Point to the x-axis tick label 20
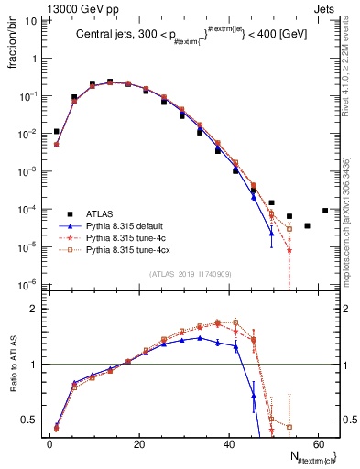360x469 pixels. pyautogui.click(x=139, y=443)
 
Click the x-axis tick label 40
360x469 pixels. pyautogui.click(x=229, y=443)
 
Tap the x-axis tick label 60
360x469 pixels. pyautogui.click(x=319, y=443)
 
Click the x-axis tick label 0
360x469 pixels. pyautogui.click(x=49, y=443)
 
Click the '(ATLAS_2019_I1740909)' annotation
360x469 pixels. pyautogui.click(x=190, y=273)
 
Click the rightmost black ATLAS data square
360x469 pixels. pyautogui.click(x=325, y=210)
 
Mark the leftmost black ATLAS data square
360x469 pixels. pyautogui.click(x=57, y=132)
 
